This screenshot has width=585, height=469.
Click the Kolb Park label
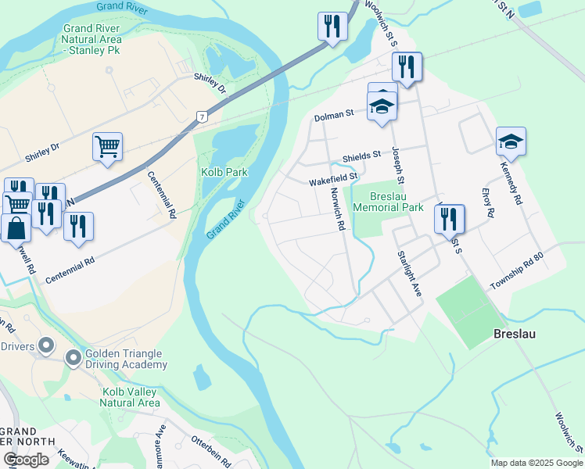224,171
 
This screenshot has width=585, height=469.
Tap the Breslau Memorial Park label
388,202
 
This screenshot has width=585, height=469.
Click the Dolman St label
334,115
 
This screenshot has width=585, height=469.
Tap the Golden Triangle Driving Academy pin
74,359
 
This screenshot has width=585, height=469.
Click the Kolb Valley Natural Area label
130,397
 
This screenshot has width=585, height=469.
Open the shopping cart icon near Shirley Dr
107,145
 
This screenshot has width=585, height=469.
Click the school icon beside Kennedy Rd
511,141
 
